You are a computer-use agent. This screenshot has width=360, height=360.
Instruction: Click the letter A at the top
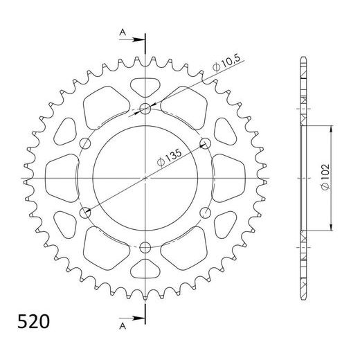point(123,32)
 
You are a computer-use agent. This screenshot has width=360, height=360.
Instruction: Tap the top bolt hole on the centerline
point(145,108)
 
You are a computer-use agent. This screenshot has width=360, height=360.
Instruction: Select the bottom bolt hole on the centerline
point(145,247)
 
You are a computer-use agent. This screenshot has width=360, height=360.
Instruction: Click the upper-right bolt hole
point(205,143)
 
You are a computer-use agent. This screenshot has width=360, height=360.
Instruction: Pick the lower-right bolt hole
point(205,213)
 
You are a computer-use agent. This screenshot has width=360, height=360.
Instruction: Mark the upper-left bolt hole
point(86,143)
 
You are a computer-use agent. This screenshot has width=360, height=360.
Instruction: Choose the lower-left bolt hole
point(86,213)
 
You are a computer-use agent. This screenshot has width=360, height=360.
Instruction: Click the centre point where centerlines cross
point(145,178)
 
